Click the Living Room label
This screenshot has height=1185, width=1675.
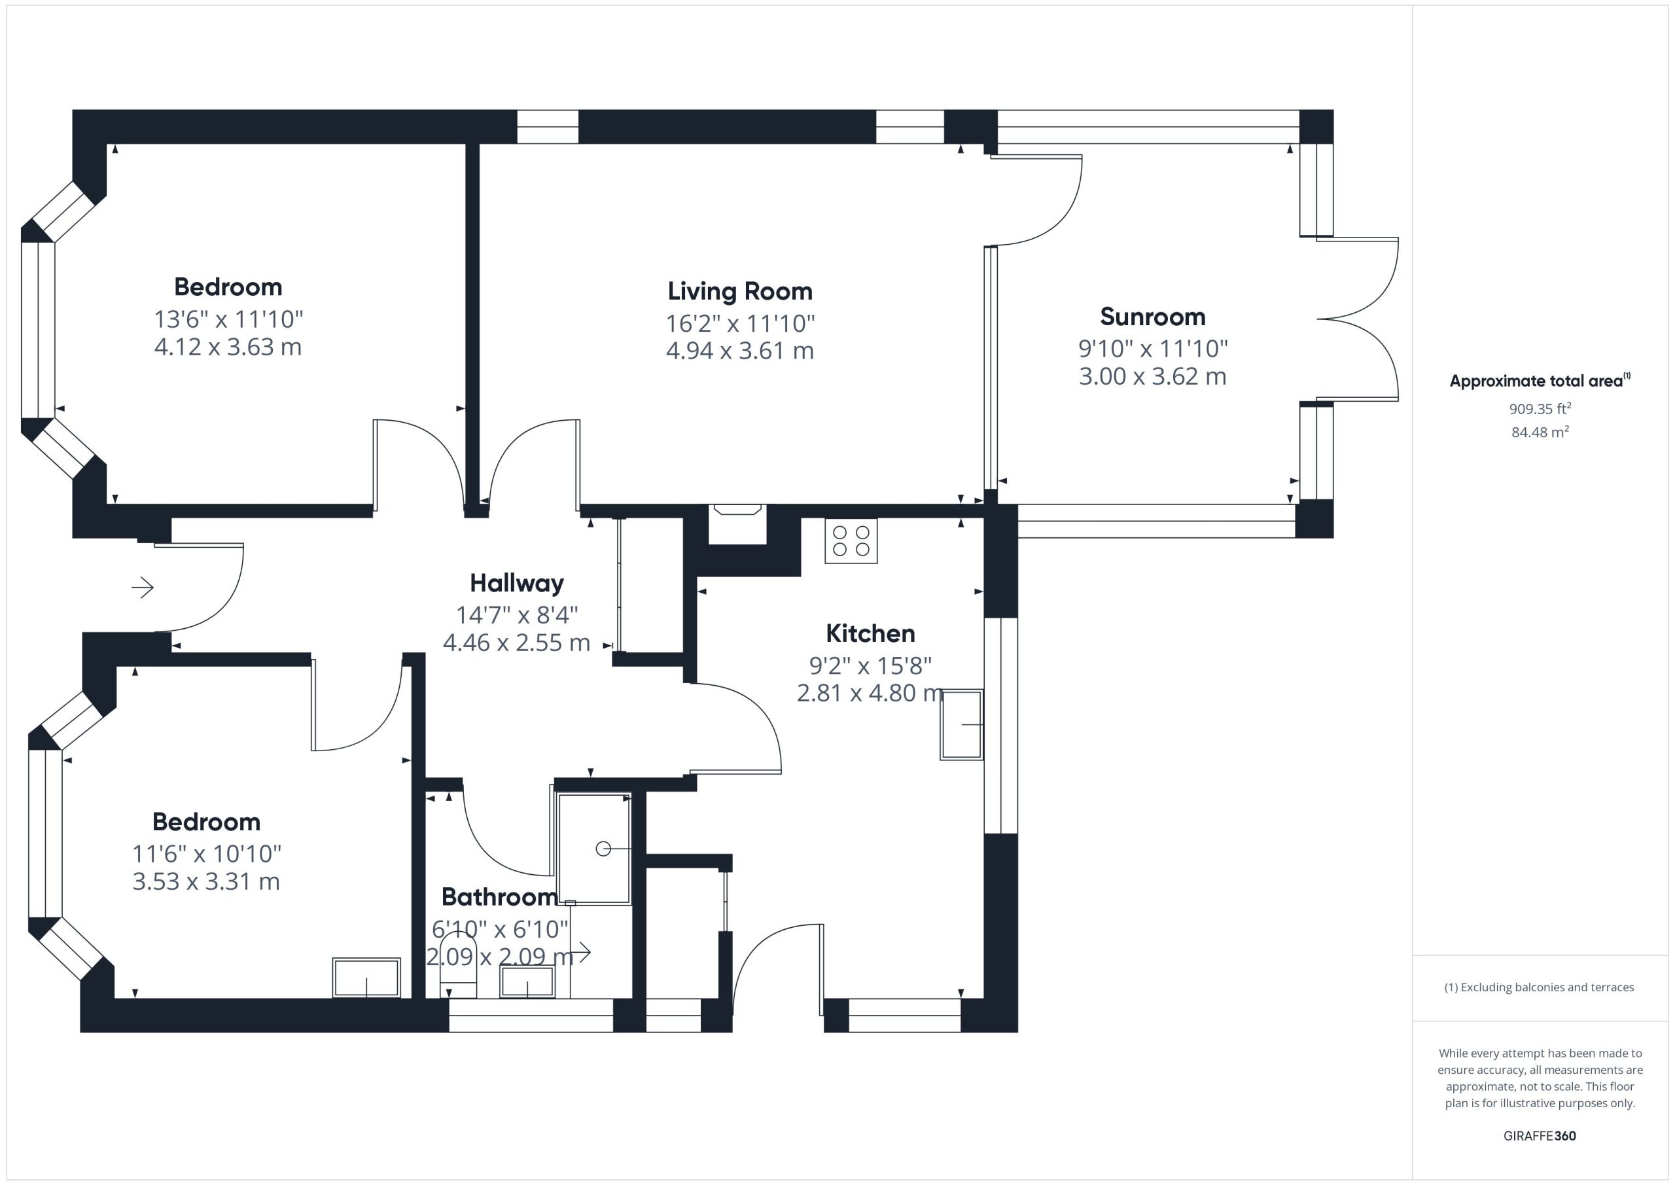pyautogui.click(x=740, y=291)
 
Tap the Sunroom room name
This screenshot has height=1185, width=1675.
pyautogui.click(x=1153, y=317)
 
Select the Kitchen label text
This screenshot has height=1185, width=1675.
pyautogui.click(x=870, y=633)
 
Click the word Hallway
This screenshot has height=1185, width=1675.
pyautogui.click(x=516, y=584)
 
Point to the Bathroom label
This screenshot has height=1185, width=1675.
pyautogui.click(x=500, y=897)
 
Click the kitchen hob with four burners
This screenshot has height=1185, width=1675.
pyautogui.click(x=851, y=540)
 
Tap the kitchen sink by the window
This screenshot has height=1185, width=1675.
pyautogui.click(x=962, y=724)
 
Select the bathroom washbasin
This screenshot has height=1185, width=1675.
pyautogui.click(x=527, y=982)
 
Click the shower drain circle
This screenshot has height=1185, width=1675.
pyautogui.click(x=603, y=849)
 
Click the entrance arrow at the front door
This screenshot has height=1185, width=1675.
pyautogui.click(x=142, y=587)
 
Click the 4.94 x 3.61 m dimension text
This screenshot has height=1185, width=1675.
pyautogui.click(x=740, y=351)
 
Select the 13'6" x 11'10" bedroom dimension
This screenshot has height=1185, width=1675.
pyautogui.click(x=228, y=319)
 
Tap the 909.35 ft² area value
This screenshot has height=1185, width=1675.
pyautogui.click(x=1540, y=408)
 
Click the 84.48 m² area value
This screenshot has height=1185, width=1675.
pyautogui.click(x=1540, y=432)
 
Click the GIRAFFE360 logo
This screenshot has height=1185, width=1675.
pyautogui.click(x=1540, y=1136)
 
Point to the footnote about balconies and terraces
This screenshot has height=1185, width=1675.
pyautogui.click(x=1540, y=987)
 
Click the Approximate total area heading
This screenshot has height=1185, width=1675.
pyautogui.click(x=1540, y=380)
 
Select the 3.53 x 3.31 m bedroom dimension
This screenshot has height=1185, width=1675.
pyautogui.click(x=207, y=881)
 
